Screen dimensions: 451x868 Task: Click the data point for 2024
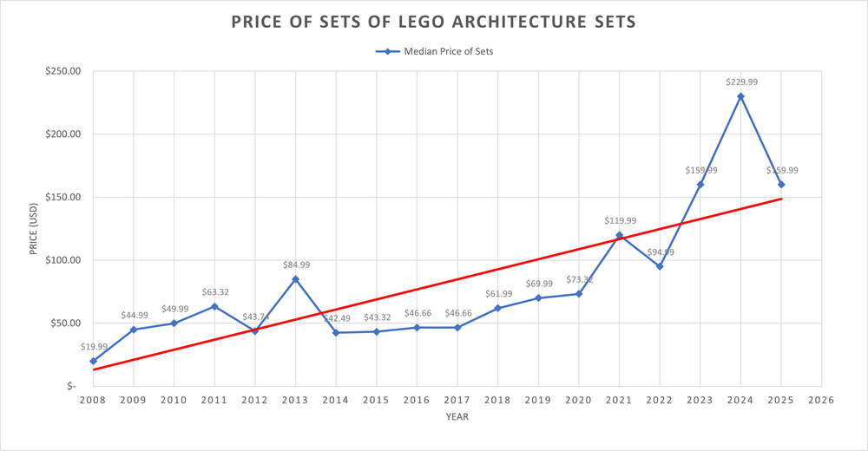pyautogui.click(x=740, y=96)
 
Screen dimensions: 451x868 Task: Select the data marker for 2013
pyautogui.click(x=295, y=279)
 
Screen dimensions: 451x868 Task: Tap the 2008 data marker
pyautogui.click(x=93, y=361)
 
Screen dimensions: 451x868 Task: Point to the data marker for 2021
pyautogui.click(x=620, y=235)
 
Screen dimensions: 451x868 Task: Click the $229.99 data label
pyautogui.click(x=741, y=82)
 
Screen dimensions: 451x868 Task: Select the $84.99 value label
pyautogui.click(x=296, y=265)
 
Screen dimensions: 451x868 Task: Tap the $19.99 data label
pyautogui.click(x=93, y=346)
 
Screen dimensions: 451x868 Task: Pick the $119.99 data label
pyautogui.click(x=620, y=220)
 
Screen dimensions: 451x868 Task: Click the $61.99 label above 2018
pyautogui.click(x=498, y=294)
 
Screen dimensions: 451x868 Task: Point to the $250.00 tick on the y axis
pyautogui.click(x=61, y=71)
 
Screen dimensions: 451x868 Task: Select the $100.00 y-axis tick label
pyautogui.click(x=61, y=260)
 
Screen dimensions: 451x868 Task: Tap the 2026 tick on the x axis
pyautogui.click(x=821, y=400)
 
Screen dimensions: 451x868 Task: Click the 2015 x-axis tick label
pyautogui.click(x=376, y=400)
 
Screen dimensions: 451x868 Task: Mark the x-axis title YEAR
pyautogui.click(x=457, y=417)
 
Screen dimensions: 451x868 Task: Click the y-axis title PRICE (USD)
pyautogui.click(x=33, y=229)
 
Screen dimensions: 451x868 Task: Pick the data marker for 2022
pyautogui.click(x=660, y=266)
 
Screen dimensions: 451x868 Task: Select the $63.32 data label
pyautogui.click(x=214, y=292)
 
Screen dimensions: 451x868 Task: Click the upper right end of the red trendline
pyautogui.click(x=781, y=199)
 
